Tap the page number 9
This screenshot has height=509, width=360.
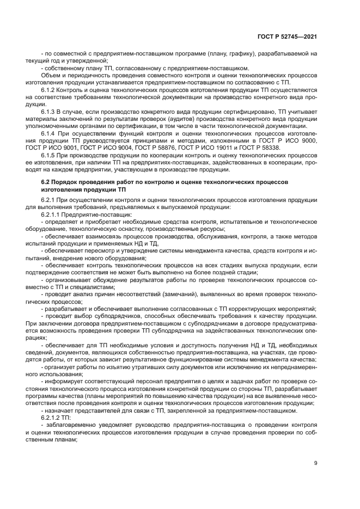click(x=315, y=463)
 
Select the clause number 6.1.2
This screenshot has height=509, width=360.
click(x=49, y=89)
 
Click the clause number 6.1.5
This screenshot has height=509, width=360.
click(x=49, y=155)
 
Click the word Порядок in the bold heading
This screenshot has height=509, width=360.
click(x=64, y=180)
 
